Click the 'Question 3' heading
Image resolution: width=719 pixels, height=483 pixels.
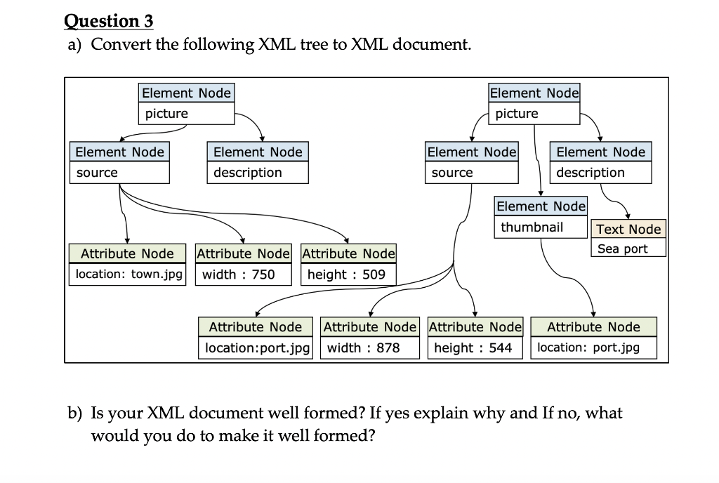tap(109, 21)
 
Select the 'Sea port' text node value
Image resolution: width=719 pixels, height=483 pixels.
tap(623, 249)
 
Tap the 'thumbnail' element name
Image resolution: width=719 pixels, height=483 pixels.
tap(532, 227)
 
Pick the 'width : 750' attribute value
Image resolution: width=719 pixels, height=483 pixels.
tap(238, 274)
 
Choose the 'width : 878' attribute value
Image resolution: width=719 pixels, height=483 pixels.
tap(363, 348)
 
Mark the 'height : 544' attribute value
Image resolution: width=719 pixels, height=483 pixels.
tap(473, 348)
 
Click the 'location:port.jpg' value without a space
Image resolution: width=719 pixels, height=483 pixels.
tap(257, 348)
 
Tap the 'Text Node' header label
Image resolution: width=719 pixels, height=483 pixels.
tap(628, 229)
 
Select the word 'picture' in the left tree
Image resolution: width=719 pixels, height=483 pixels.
tap(166, 113)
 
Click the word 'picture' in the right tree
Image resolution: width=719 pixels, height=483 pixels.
tap(517, 113)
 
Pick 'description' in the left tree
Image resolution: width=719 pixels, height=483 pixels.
tap(247, 172)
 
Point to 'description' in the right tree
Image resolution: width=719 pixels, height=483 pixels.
tap(590, 172)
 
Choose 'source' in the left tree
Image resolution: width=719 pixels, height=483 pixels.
tap(97, 172)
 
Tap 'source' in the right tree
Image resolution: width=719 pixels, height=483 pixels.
tap(452, 172)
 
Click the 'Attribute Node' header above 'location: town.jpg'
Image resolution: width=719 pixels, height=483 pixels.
tap(127, 253)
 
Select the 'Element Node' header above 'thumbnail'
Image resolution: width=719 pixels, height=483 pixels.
tap(541, 206)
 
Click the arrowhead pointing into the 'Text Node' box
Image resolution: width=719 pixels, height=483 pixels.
tap(627, 218)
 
